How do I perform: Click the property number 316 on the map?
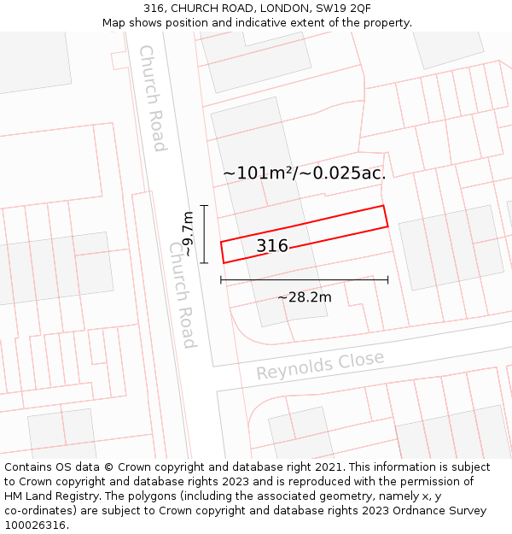(272, 246)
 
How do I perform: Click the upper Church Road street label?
(152, 97)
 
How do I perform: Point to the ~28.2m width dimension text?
(305, 297)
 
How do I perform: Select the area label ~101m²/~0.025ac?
(305, 173)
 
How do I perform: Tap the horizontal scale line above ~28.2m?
(305, 279)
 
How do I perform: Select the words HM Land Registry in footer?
(51, 496)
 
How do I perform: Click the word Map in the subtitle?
(114, 23)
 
